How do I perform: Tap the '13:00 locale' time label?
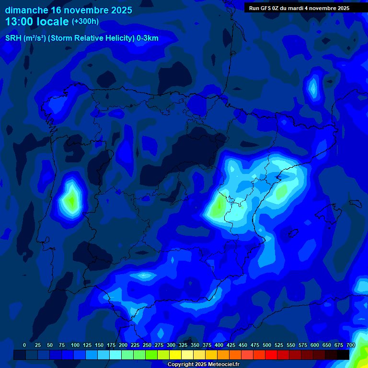tap(37, 22)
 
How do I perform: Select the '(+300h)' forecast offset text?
tap(85, 22)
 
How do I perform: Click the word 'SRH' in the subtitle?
tap(13, 38)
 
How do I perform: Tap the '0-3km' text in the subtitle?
tap(147, 38)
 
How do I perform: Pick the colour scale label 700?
tap(350, 345)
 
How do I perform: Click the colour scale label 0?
tap(24, 345)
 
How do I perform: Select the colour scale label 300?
tap(171, 345)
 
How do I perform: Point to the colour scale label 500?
tap(267, 345)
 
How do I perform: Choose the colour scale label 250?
tap(147, 345)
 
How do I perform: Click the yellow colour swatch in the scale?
tap(175, 355)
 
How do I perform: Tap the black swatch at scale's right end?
tap(343, 355)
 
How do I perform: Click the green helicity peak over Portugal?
tap(72, 200)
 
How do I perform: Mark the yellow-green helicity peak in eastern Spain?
tap(218, 206)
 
